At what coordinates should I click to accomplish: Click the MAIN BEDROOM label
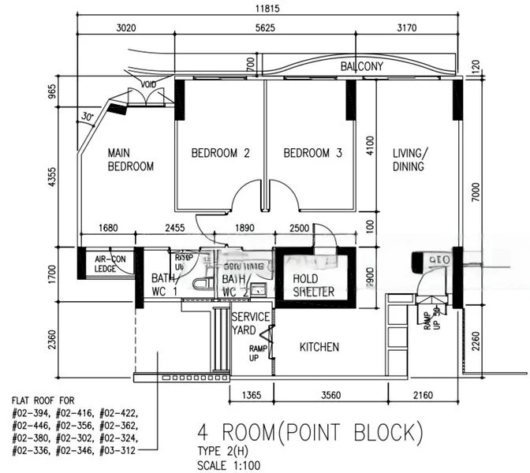[x=130, y=160]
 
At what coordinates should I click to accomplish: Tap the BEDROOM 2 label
[x=220, y=153]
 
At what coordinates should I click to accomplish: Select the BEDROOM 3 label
[x=312, y=153]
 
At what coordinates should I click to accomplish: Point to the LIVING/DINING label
[x=409, y=160]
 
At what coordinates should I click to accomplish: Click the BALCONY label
[x=361, y=67]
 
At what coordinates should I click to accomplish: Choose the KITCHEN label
[x=319, y=347]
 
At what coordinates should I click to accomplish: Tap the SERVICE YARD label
[x=251, y=323]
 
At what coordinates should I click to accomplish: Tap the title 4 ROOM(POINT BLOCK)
[x=309, y=433]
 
